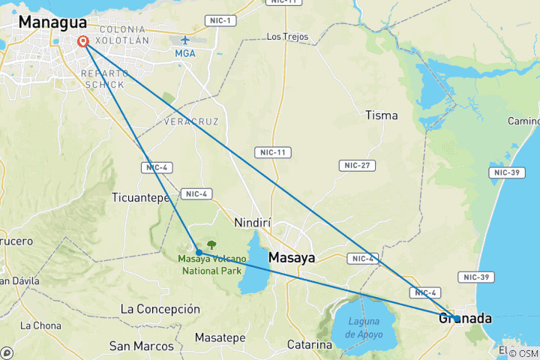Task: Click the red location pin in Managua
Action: [82, 42]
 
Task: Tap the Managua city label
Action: [52, 22]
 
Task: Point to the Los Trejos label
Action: [287, 36]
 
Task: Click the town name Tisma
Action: [381, 115]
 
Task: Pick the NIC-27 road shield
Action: [357, 165]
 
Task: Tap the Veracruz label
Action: [185, 121]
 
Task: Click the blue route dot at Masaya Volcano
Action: [199, 252]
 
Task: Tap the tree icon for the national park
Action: [211, 244]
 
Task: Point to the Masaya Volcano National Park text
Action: [211, 265]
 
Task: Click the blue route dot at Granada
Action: [457, 319]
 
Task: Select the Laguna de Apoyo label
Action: [365, 326]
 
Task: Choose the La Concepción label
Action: [160, 309]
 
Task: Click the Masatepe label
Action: [220, 338]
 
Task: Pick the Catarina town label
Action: [310, 345]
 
